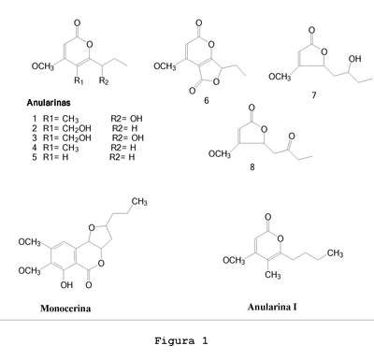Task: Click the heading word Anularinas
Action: [x=49, y=103]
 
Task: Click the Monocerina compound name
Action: [x=65, y=309]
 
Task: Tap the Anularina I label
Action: [x=272, y=307]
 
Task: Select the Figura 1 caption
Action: [x=181, y=340]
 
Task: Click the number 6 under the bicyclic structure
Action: [x=206, y=101]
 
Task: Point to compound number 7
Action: [x=314, y=95]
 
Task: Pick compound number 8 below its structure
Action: [x=252, y=167]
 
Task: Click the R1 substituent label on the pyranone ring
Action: [x=79, y=80]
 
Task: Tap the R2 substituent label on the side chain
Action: [x=104, y=80]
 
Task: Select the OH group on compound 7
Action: [x=354, y=59]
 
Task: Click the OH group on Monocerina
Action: [x=66, y=285]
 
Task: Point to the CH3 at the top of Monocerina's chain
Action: [x=139, y=202]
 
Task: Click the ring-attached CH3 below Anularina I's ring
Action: [x=273, y=275]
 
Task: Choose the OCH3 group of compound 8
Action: [x=220, y=154]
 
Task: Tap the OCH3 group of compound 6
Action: [x=165, y=66]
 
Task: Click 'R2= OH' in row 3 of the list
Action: [x=128, y=137]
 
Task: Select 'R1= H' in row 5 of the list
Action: [x=55, y=157]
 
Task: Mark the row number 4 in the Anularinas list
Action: [x=35, y=147]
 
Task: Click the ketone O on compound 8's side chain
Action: [x=292, y=137]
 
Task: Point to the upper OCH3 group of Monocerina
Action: [x=29, y=242]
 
